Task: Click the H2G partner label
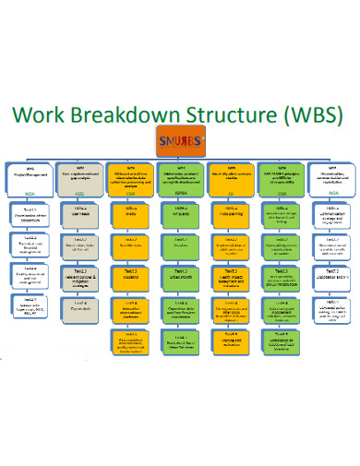coord(79,195)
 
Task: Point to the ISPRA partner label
coord(180,195)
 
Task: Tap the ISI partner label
coord(230,195)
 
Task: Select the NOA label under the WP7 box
coord(330,195)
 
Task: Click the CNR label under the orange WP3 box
coord(130,195)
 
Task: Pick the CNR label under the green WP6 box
coord(282,195)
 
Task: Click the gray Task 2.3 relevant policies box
coord(80,278)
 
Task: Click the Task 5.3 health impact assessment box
coord(230,278)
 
